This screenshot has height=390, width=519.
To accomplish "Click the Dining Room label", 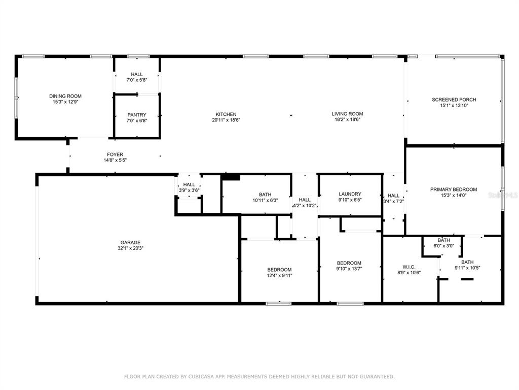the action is (65, 96).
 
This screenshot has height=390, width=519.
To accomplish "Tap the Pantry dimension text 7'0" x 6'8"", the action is (137, 121).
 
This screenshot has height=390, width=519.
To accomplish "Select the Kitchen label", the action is (226, 114).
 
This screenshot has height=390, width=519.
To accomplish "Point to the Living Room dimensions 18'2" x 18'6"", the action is (347, 119).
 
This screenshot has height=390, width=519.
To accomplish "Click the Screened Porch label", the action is (454, 100).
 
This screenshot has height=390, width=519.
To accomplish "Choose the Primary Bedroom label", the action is (454, 189).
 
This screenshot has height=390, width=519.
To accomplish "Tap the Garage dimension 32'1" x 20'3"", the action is (130, 248).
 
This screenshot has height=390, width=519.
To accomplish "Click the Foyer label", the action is (115, 154).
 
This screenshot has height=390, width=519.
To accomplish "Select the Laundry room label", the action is (350, 194).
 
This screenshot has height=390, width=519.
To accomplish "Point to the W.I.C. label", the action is (409, 267).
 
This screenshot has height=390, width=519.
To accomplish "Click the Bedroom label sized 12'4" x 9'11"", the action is (279, 270).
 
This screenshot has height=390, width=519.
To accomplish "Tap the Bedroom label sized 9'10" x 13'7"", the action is (349, 263).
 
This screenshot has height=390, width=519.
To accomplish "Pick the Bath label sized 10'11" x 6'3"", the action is (265, 194).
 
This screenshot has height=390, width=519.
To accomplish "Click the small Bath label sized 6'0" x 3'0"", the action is (443, 240).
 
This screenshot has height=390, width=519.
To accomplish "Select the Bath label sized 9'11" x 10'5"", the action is (467, 262).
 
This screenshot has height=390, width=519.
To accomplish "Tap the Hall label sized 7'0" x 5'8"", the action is (137, 74).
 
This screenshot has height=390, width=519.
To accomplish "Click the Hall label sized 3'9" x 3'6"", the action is (189, 184).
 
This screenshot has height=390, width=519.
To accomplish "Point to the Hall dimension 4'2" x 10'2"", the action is (305, 206).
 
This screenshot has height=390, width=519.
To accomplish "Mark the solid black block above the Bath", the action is (231, 177).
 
